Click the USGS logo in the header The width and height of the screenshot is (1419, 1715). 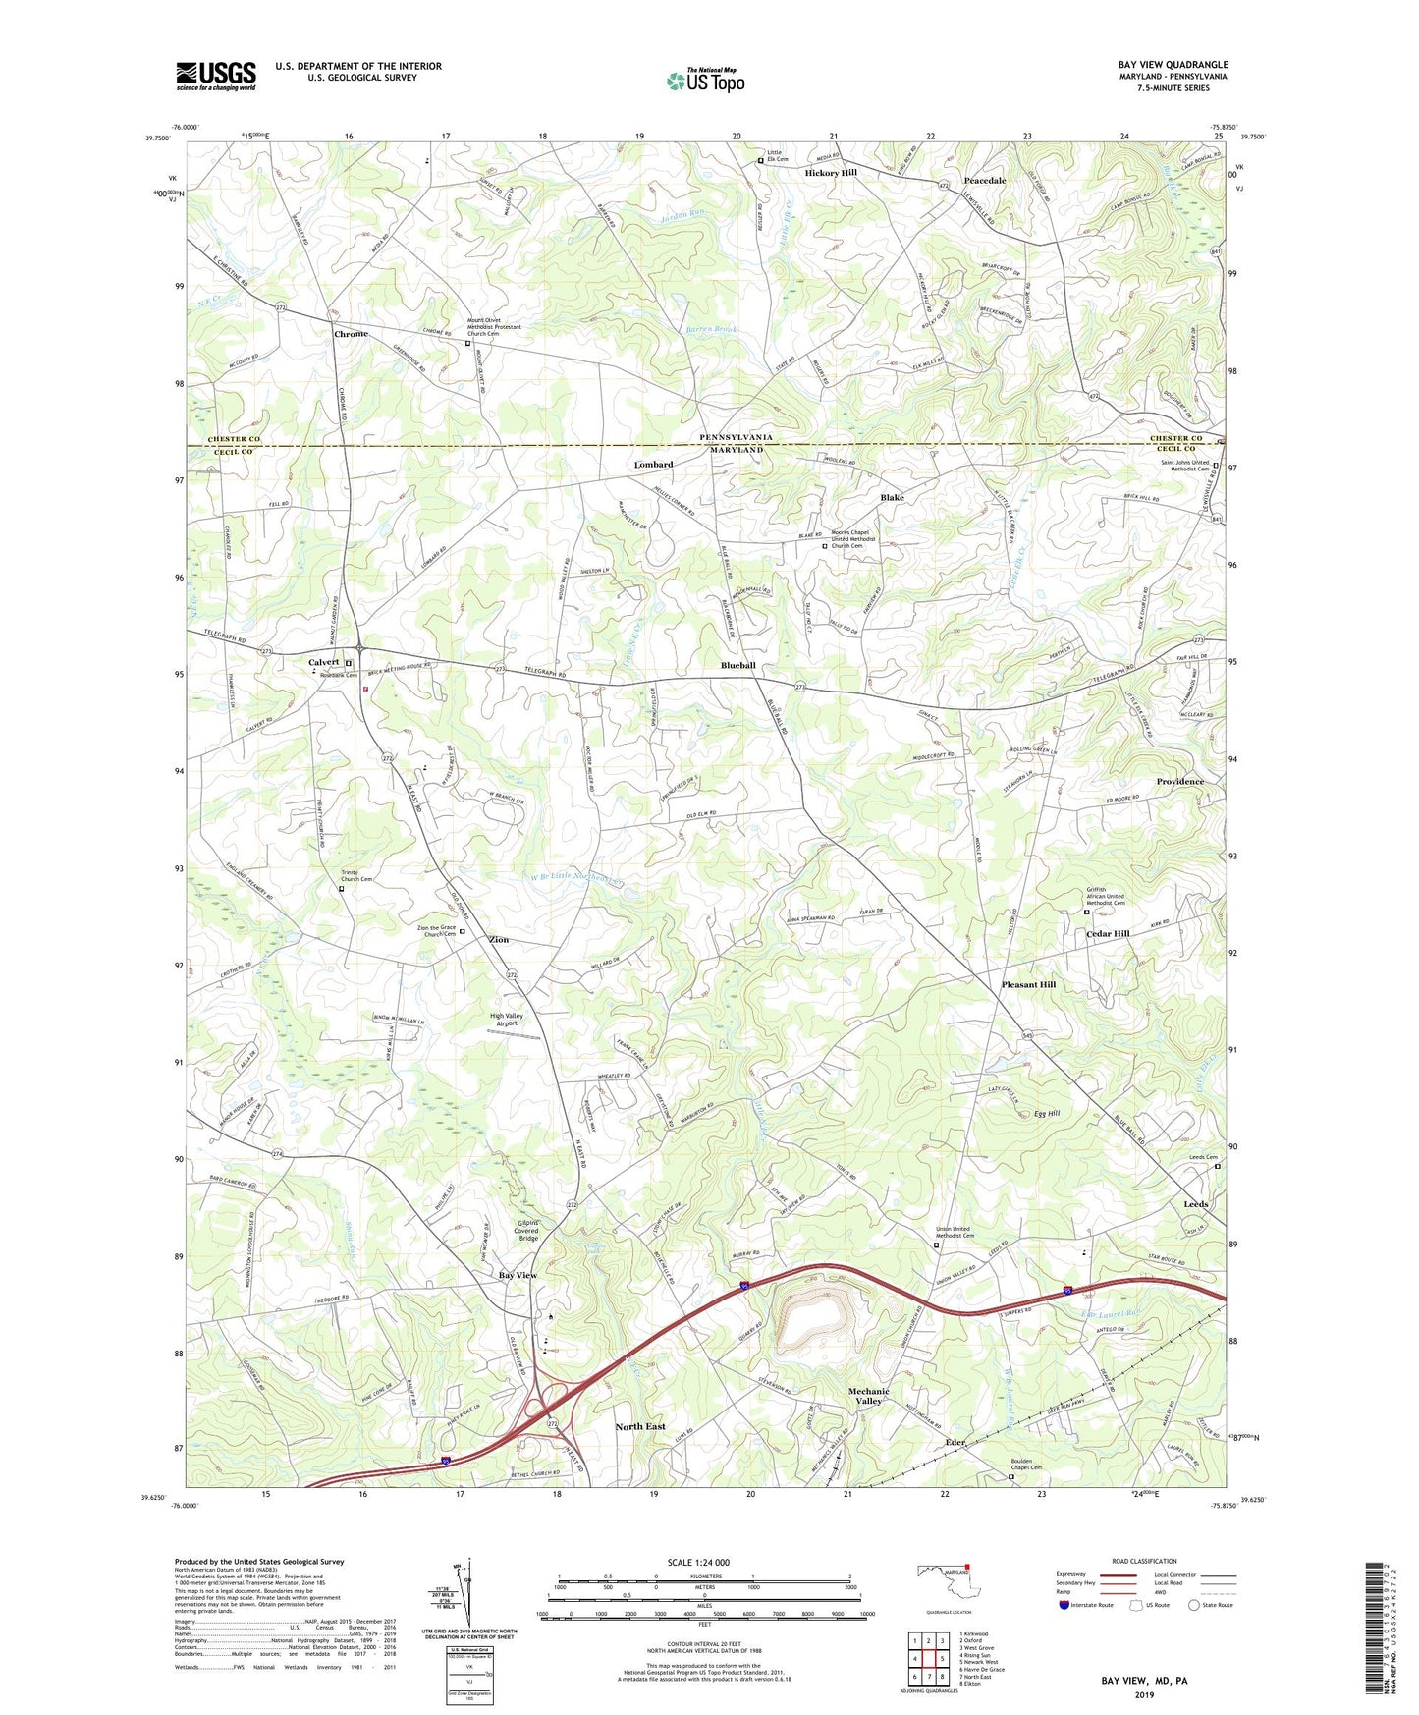pyautogui.click(x=216, y=76)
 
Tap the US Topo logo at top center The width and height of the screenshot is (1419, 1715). pyautogui.click(x=705, y=81)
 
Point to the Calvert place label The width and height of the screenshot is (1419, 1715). pyautogui.click(x=323, y=663)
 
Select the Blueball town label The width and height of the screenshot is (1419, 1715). pyautogui.click(x=737, y=665)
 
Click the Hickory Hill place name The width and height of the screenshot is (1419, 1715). pyautogui.click(x=831, y=173)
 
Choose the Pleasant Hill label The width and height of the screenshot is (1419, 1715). pyautogui.click(x=1028, y=984)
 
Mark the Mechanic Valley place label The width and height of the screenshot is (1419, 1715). pyautogui.click(x=868, y=1396)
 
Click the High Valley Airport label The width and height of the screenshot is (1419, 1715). pyautogui.click(x=507, y=1020)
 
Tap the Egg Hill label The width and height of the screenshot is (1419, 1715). pyautogui.click(x=1047, y=1113)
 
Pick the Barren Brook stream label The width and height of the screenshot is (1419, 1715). pyautogui.click(x=711, y=330)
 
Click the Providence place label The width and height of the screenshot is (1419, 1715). pyautogui.click(x=1178, y=782)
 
